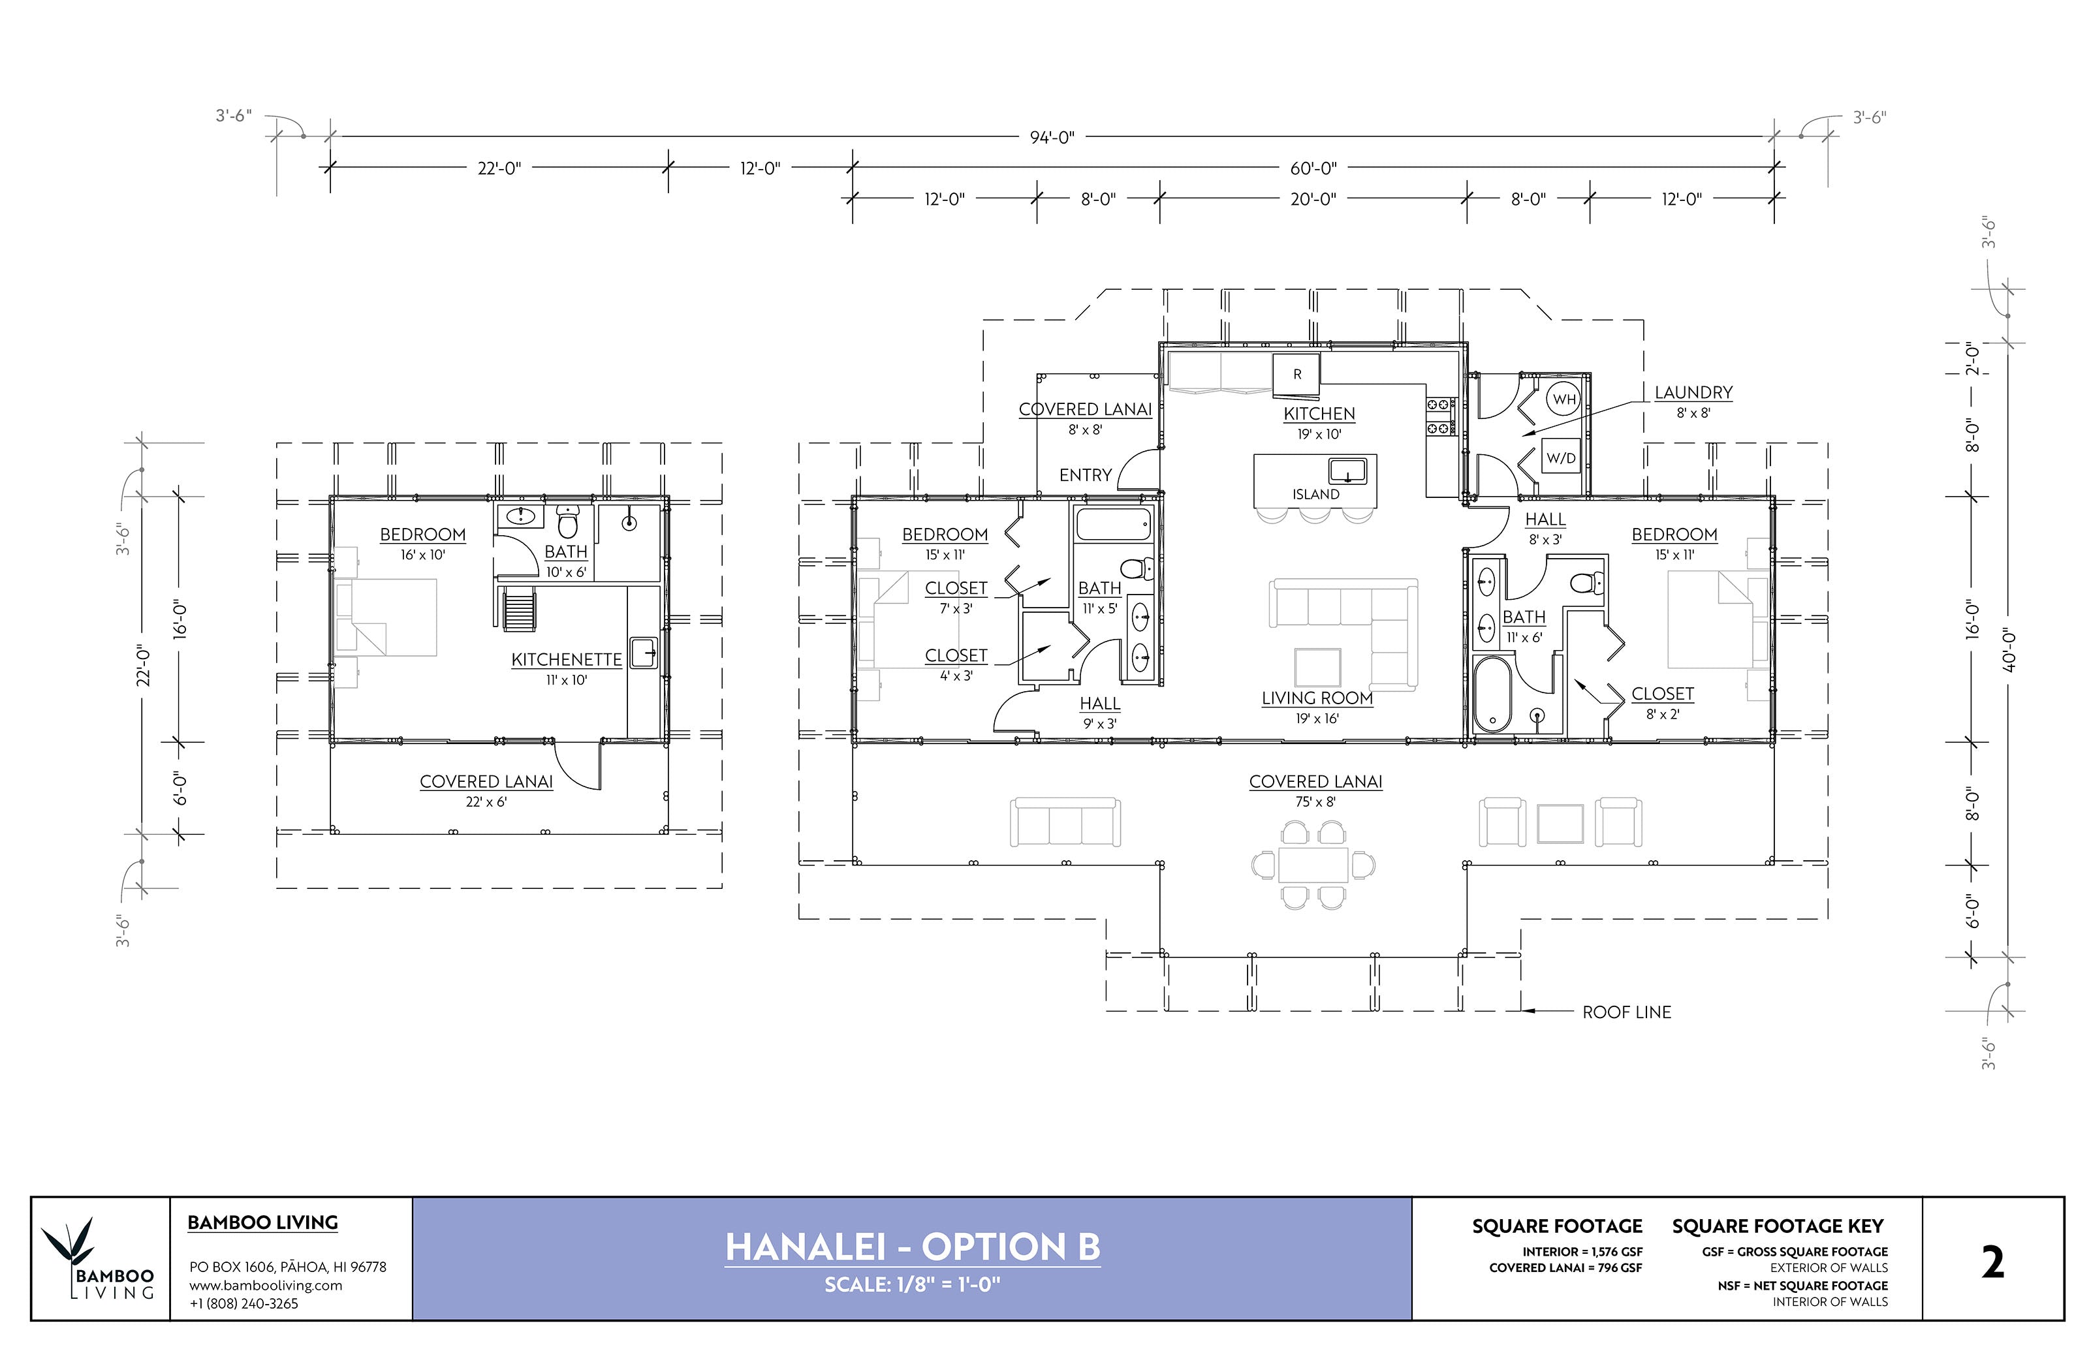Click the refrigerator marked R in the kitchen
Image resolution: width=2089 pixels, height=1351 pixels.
point(1296,375)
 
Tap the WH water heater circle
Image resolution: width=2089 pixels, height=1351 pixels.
point(1564,399)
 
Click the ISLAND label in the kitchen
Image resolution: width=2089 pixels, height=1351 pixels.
point(1315,494)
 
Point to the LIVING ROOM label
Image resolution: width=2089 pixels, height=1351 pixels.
point(1317,698)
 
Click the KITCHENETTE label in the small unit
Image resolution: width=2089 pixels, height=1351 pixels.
point(566,660)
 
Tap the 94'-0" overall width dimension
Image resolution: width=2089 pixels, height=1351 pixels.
point(1052,137)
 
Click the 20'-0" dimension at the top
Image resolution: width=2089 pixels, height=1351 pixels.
point(1313,199)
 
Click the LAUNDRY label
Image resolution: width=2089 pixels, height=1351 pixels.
point(1693,392)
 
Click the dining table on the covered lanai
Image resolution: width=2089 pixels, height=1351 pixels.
point(1313,865)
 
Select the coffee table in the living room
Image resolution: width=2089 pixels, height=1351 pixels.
point(1317,668)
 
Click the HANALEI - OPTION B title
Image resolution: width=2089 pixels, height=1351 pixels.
point(913,1247)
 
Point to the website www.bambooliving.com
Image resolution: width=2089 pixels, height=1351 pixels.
point(266,1285)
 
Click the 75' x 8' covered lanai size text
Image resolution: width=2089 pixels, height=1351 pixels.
point(1315,802)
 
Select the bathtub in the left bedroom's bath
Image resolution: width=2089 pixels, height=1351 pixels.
point(1112,525)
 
